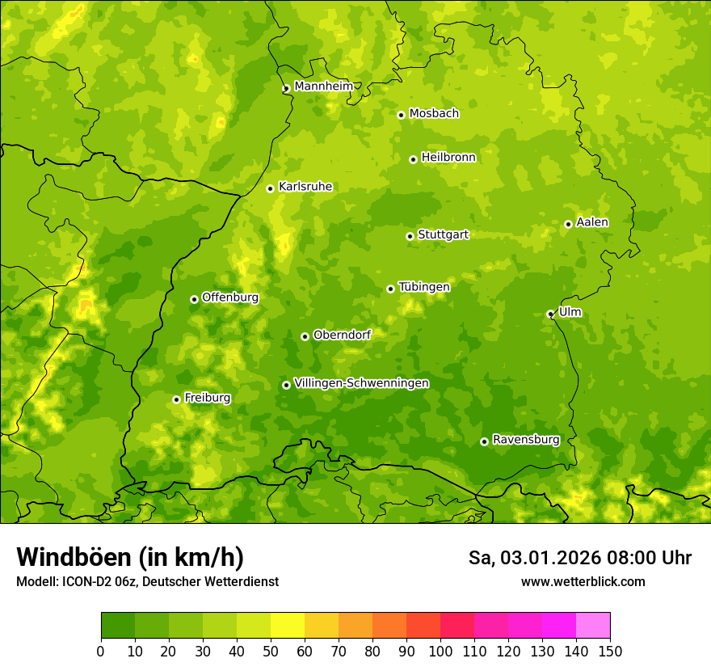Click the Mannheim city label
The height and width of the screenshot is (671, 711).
pyautogui.click(x=323, y=87)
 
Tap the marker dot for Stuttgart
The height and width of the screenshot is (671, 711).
pyautogui.click(x=410, y=236)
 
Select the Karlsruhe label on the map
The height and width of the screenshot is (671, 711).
pyautogui.click(x=305, y=187)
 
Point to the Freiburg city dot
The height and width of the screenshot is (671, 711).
pyautogui.click(x=176, y=399)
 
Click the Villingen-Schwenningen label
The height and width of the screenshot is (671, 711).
pyautogui.click(x=361, y=383)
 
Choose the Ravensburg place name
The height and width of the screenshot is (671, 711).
pyautogui.click(x=526, y=440)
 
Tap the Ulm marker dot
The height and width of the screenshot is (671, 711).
pyautogui.click(x=550, y=314)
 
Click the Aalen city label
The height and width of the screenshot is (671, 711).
pyautogui.click(x=592, y=222)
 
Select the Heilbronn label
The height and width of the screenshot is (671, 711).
pyautogui.click(x=448, y=158)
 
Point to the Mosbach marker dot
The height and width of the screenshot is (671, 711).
pyautogui.click(x=401, y=115)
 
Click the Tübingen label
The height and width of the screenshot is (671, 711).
pyautogui.click(x=424, y=287)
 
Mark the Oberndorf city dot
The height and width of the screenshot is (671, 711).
pyautogui.click(x=305, y=336)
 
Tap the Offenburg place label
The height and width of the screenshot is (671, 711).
pyautogui.click(x=230, y=298)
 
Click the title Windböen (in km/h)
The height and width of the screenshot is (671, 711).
pyautogui.click(x=130, y=557)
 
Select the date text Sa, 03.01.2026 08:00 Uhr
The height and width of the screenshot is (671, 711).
pyautogui.click(x=579, y=558)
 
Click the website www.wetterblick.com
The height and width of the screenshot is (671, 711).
pyautogui.click(x=583, y=581)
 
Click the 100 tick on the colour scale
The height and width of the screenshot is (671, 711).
pyautogui.click(x=440, y=651)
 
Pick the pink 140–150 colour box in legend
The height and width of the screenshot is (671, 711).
pyautogui.click(x=593, y=625)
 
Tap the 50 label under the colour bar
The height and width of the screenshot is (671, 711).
pyautogui.click(x=271, y=651)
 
